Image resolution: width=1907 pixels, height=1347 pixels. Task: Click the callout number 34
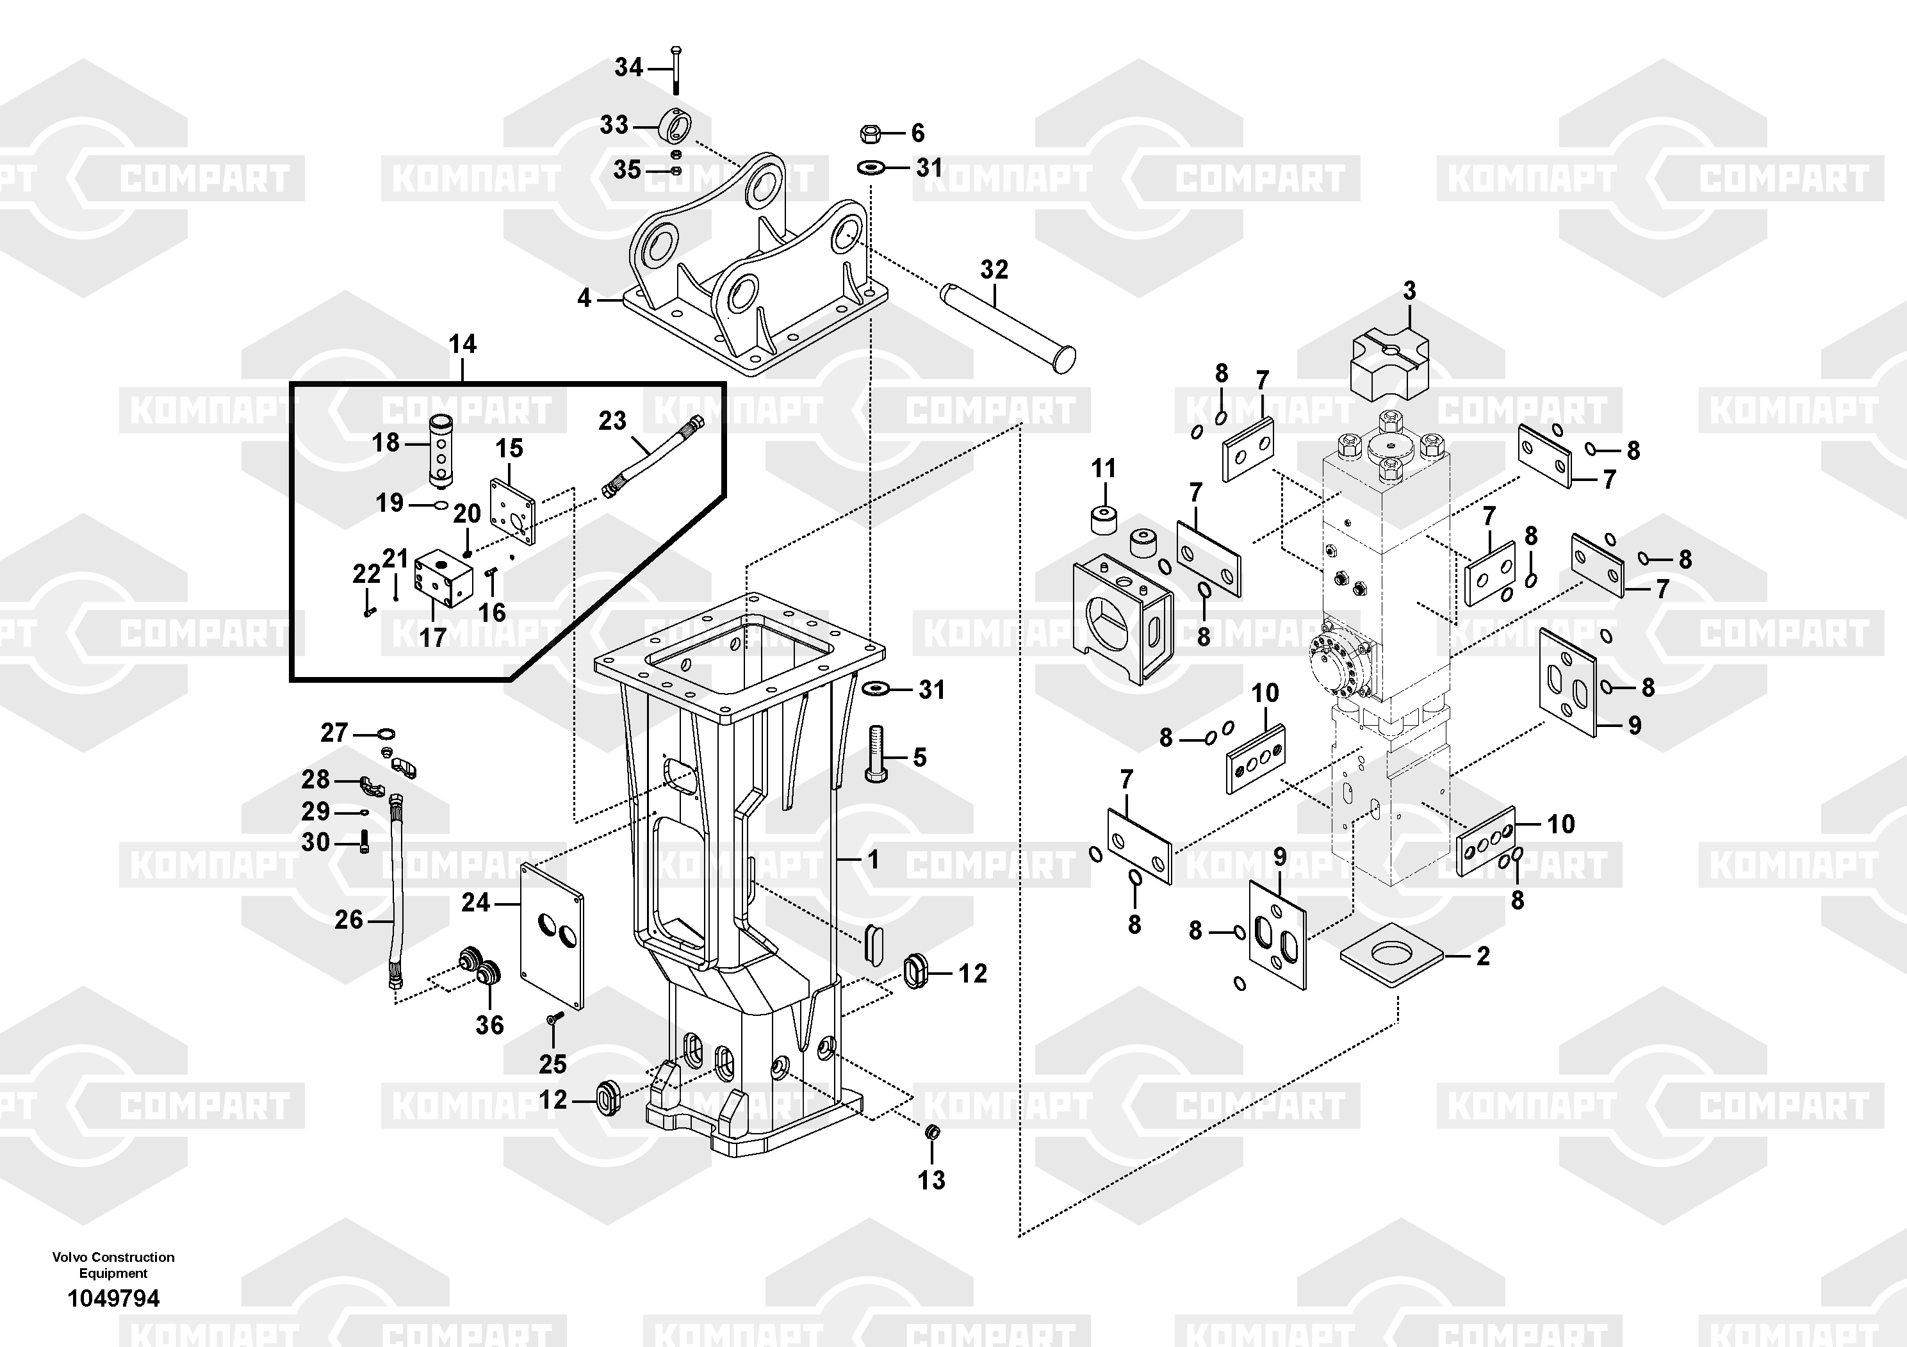(629, 67)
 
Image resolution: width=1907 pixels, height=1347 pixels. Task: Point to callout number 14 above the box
(462, 344)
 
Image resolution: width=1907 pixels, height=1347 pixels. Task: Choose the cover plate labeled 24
(552, 935)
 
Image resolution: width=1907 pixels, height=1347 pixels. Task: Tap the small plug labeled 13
(931, 1132)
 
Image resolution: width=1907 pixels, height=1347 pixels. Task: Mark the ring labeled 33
(675, 126)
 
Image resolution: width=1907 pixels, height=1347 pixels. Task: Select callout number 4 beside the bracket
(585, 297)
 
